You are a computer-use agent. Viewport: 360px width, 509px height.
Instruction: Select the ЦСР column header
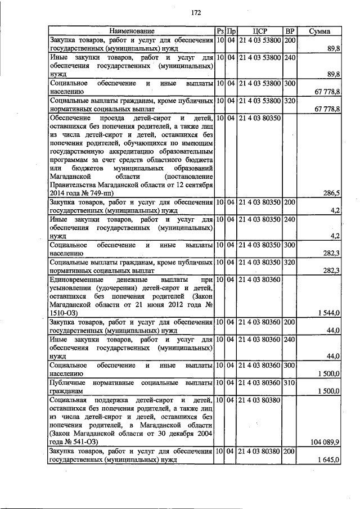click(x=259, y=31)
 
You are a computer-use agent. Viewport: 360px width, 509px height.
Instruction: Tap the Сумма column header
click(x=319, y=31)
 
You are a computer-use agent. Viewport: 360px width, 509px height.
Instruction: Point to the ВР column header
click(x=290, y=31)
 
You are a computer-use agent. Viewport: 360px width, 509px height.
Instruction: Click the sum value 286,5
click(x=331, y=192)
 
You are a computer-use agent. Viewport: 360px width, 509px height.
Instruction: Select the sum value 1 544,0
click(x=328, y=312)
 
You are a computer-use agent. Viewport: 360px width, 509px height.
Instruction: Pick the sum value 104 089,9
click(x=325, y=442)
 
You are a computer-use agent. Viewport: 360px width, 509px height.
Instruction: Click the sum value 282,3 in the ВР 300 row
click(x=331, y=253)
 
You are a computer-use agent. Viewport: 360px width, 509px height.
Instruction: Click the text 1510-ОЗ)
click(x=63, y=312)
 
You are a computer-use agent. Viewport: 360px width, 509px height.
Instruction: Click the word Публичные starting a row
click(x=67, y=382)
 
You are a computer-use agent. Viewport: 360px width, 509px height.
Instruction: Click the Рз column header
click(x=220, y=31)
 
